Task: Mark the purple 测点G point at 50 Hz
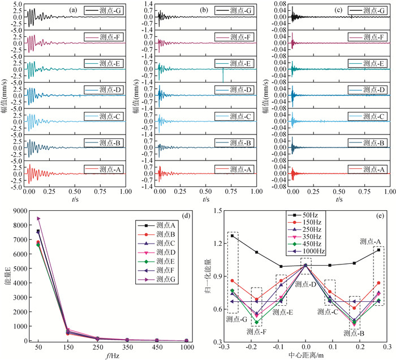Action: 38,218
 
